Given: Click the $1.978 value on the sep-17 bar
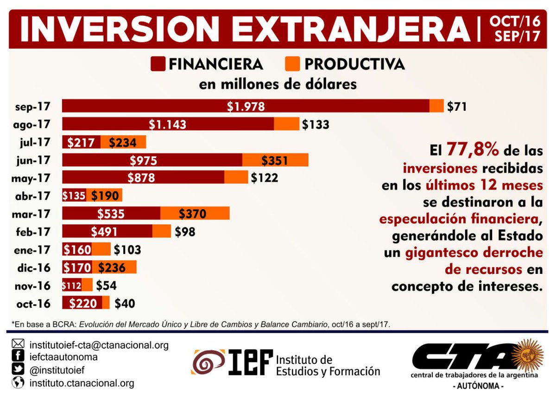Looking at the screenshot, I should pos(246,106).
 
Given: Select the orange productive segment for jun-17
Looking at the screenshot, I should pos(275,160).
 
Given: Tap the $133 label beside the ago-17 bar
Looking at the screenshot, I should pos(316,124).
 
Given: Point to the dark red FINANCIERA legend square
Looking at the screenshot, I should pos(158,64).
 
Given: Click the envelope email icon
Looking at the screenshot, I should pos(18,344).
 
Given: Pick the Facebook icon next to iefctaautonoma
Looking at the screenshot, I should pos(18,357).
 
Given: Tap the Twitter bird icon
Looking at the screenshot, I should pos(18,370).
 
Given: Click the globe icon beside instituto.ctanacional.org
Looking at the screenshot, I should pos(18,383).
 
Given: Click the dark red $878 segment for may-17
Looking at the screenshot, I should pos(143,178).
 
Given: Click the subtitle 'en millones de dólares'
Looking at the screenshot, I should pos(278,85).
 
